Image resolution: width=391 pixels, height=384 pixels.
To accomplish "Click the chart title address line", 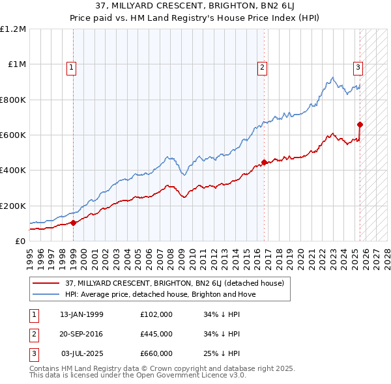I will click(195, 7).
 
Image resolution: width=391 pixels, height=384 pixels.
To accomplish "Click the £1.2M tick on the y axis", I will click(13, 29).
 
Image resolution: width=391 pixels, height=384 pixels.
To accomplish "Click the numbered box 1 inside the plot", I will click(70, 66).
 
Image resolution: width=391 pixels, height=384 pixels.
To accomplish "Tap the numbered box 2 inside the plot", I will click(262, 66).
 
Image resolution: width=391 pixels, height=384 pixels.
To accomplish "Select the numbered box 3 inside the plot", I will click(358, 66).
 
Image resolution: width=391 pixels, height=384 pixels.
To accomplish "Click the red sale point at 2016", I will click(264, 163).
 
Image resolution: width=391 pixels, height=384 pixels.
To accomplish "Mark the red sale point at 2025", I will click(360, 124).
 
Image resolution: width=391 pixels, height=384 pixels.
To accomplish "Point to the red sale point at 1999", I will click(73, 223).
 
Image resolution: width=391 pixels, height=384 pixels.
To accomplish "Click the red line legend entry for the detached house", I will click(175, 283).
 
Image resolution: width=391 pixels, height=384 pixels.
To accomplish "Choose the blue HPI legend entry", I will click(160, 294).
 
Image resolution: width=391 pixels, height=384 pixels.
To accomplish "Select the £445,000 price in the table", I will click(156, 334).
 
